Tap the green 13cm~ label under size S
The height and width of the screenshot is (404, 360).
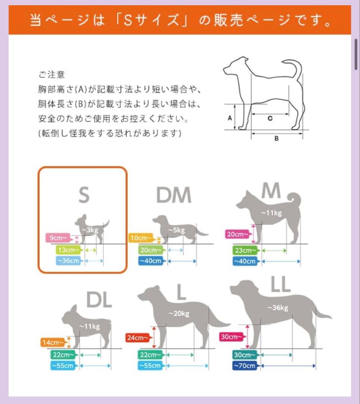point(68,250)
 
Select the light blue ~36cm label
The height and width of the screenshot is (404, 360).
point(68,261)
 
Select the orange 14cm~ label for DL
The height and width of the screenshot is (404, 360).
point(52,342)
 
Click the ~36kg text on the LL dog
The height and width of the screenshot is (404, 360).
point(278,308)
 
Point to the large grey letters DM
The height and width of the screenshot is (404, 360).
point(173,195)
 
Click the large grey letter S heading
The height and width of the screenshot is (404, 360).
point(84,195)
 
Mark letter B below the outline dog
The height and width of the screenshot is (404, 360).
point(277,138)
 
